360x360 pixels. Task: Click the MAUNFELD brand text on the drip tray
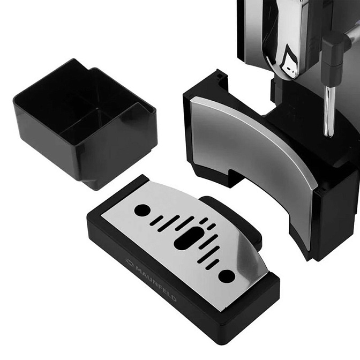(x=156, y=283)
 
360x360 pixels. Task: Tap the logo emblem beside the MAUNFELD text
(x=130, y=262)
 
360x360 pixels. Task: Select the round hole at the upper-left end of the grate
(x=142, y=210)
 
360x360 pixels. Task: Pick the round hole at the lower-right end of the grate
(x=227, y=276)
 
